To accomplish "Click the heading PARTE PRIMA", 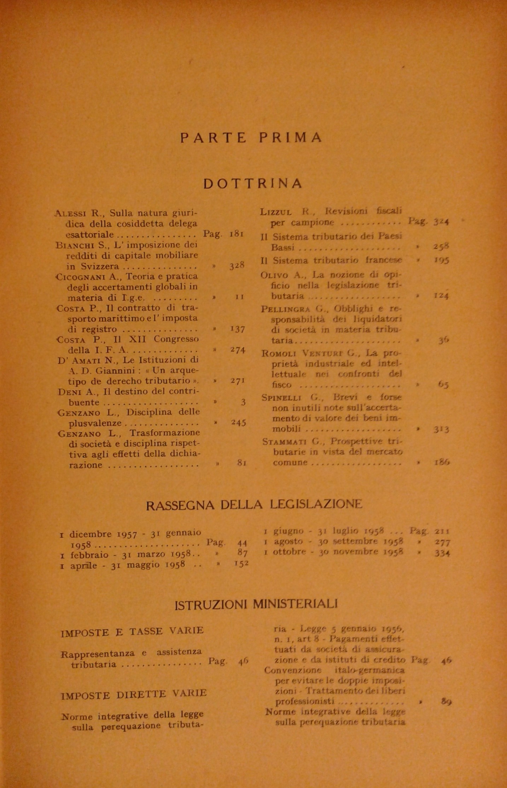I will [251, 138].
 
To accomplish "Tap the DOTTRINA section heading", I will [253, 183].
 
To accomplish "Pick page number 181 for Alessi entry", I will [236, 234].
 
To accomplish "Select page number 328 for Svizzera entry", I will [237, 266].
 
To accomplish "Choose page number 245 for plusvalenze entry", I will [238, 422].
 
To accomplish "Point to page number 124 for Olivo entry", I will [441, 295].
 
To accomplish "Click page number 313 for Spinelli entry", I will [442, 430].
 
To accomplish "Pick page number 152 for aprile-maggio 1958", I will [241, 563].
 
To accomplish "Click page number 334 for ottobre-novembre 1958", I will [442, 553].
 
